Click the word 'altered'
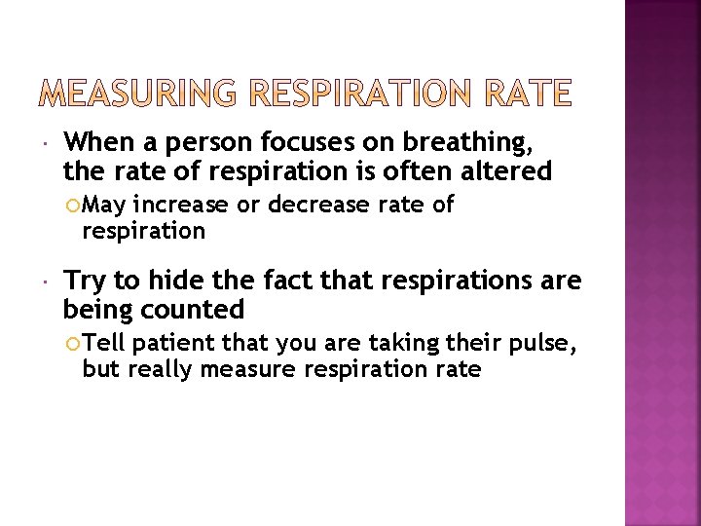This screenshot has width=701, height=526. pyautogui.click(x=511, y=172)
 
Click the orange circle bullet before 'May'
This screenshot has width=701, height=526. pyautogui.click(x=72, y=206)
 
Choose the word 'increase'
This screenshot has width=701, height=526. pyautogui.click(x=186, y=206)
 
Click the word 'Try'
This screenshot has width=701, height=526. pyautogui.click(x=85, y=282)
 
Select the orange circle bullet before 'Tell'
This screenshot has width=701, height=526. pyautogui.click(x=72, y=343)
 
